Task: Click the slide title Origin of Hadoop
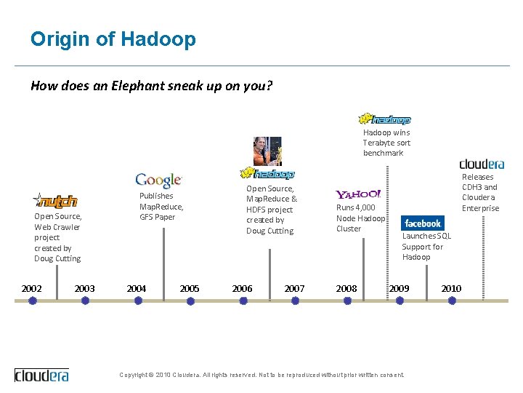click(x=113, y=39)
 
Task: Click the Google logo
click(x=158, y=180)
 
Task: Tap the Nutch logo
click(x=55, y=200)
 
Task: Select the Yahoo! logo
click(x=358, y=194)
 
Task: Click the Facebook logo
click(x=422, y=223)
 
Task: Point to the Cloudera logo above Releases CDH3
click(x=481, y=164)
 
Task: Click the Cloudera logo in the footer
click(x=42, y=375)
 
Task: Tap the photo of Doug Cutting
click(x=267, y=151)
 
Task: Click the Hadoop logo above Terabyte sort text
click(x=385, y=119)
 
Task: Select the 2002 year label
click(x=31, y=289)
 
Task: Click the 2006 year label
click(x=242, y=289)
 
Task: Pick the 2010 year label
click(x=451, y=289)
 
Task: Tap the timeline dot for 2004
click(x=138, y=300)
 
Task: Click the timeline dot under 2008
click(x=347, y=300)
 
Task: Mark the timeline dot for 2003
click(x=85, y=300)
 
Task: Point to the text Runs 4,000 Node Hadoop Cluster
click(x=360, y=218)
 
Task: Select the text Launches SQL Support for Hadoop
click(x=426, y=246)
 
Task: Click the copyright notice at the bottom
click(x=261, y=375)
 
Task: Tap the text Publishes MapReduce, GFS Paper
click(x=161, y=206)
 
